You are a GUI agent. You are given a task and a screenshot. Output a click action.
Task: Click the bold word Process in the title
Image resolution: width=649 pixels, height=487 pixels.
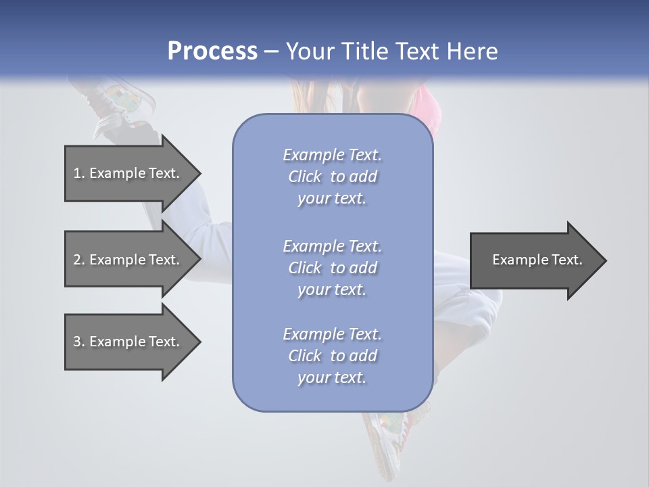click(x=212, y=51)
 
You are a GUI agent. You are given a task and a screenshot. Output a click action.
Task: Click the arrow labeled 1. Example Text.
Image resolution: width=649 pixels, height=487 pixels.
click(x=128, y=173)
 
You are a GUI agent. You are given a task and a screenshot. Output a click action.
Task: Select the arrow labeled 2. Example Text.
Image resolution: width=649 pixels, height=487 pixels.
click(x=128, y=260)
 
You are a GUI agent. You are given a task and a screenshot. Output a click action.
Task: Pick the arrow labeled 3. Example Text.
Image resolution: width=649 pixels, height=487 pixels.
click(x=128, y=342)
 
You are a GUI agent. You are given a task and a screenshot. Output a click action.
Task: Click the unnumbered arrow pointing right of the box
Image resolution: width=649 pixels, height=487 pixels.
click(x=534, y=260)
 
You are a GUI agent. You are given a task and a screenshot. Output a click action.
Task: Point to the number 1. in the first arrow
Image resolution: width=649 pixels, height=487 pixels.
click(x=78, y=173)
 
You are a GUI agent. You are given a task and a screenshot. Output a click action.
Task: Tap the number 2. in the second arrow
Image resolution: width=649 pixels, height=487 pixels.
click(x=78, y=260)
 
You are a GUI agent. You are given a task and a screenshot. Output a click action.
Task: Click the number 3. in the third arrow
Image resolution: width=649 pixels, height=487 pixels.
click(x=78, y=342)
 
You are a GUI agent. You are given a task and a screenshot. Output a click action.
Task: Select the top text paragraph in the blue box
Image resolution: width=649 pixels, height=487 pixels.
click(x=332, y=177)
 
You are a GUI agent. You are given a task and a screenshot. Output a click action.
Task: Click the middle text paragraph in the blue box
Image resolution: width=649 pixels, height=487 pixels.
click(x=332, y=268)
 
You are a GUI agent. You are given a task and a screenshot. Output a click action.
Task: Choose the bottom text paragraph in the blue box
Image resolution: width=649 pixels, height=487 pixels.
click(x=332, y=356)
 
